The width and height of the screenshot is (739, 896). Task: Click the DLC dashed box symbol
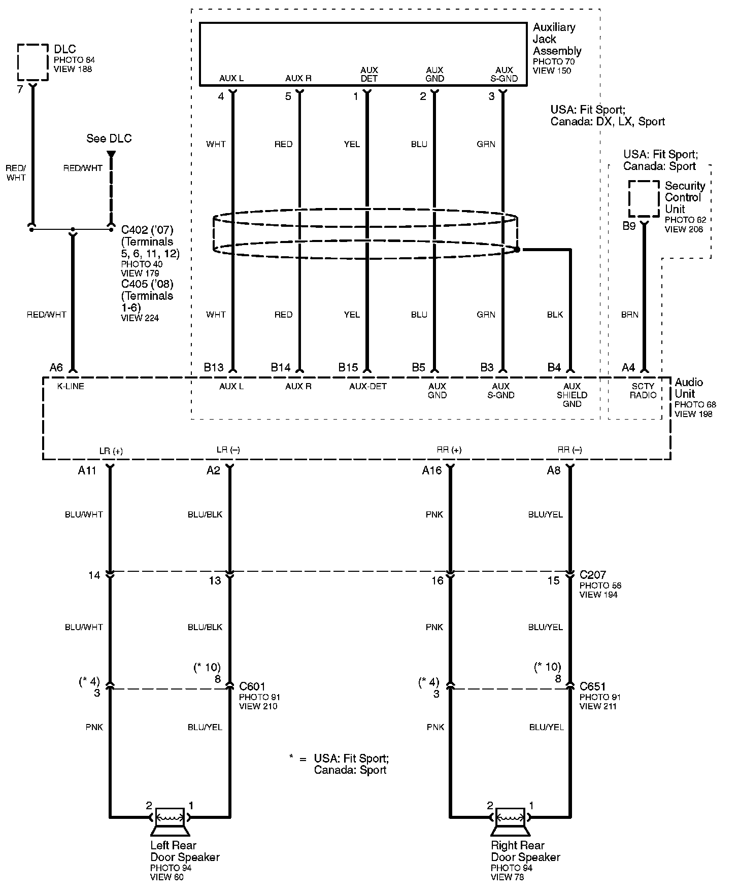pyautogui.click(x=33, y=62)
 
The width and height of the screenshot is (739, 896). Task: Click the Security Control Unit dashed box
pyautogui.click(x=644, y=198)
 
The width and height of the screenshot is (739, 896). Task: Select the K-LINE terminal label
pyautogui.click(x=71, y=387)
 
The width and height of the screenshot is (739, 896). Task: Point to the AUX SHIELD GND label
pyautogui.click(x=572, y=395)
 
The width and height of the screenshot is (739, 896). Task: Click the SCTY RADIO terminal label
pyautogui.click(x=643, y=391)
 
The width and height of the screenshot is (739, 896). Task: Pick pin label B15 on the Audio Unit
pyautogui.click(x=348, y=368)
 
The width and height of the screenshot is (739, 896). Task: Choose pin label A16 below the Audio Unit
pyautogui.click(x=432, y=471)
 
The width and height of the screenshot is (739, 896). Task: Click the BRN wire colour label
pyautogui.click(x=629, y=315)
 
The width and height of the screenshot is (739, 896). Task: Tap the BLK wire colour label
pyautogui.click(x=555, y=315)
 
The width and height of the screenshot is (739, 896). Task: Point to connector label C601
pyautogui.click(x=252, y=687)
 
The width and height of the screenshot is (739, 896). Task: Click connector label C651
pyautogui.click(x=592, y=687)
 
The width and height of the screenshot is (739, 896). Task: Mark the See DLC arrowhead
pyautogui.click(x=111, y=153)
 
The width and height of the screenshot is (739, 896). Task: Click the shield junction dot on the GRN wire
pyautogui.click(x=517, y=250)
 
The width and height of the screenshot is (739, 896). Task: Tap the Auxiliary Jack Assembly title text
pyautogui.click(x=556, y=39)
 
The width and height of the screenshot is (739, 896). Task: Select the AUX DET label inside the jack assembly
pyautogui.click(x=369, y=74)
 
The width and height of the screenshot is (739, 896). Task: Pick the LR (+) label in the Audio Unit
pyautogui.click(x=111, y=451)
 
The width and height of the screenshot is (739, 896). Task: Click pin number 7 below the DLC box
pyautogui.click(x=20, y=90)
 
